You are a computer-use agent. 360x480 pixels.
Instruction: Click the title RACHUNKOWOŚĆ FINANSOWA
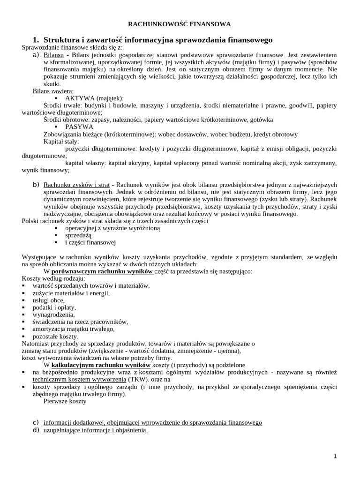(180, 24)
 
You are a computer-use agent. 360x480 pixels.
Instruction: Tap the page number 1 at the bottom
(335, 456)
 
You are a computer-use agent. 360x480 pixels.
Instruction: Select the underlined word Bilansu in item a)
(53, 55)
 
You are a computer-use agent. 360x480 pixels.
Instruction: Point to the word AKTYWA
(80, 98)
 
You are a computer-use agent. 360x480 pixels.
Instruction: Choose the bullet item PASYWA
(79, 127)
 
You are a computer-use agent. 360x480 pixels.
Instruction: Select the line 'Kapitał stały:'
(61, 141)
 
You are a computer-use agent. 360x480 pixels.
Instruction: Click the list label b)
(36, 184)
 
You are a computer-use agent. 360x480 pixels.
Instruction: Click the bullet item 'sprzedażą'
(78, 235)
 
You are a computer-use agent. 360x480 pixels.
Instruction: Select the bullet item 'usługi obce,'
(49, 300)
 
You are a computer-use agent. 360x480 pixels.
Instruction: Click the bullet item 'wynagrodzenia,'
(54, 315)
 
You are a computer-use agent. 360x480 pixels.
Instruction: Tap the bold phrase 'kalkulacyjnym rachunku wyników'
(101, 365)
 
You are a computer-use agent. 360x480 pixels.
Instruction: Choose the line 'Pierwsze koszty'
(65, 401)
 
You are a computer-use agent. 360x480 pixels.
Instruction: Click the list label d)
(36, 430)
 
